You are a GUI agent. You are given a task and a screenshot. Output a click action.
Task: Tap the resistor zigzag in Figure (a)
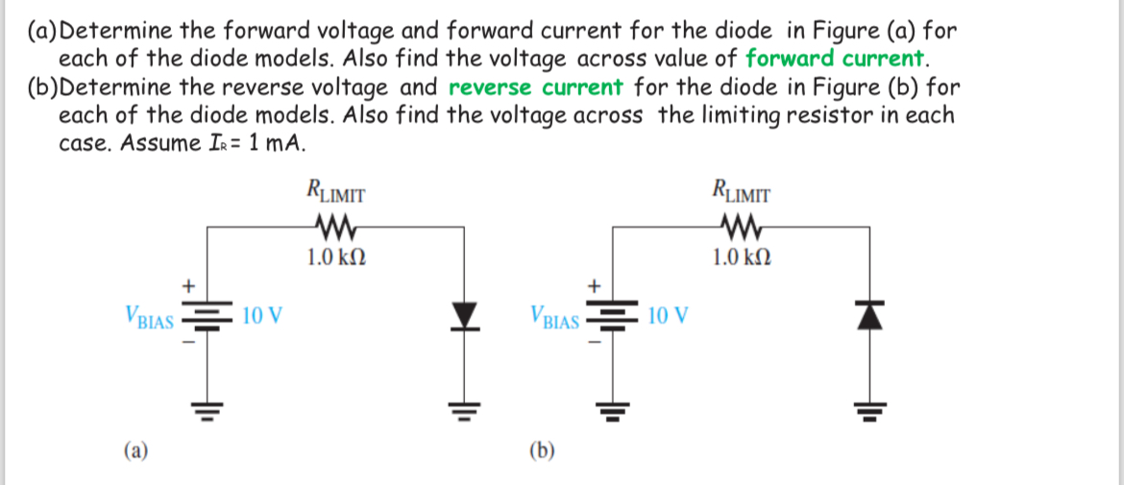click(x=334, y=229)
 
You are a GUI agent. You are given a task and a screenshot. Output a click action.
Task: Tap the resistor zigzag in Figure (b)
click(x=739, y=229)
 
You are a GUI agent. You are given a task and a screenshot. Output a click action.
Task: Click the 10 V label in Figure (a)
click(x=261, y=315)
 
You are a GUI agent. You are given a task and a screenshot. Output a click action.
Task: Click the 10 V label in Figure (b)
click(x=668, y=315)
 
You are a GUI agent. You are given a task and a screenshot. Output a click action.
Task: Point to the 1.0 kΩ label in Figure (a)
click(x=335, y=257)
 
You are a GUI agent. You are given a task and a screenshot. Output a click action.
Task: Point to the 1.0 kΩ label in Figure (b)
click(x=741, y=257)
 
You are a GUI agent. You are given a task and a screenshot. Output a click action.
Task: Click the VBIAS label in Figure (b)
click(x=554, y=317)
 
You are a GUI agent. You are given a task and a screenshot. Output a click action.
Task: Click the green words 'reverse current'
click(x=535, y=87)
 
